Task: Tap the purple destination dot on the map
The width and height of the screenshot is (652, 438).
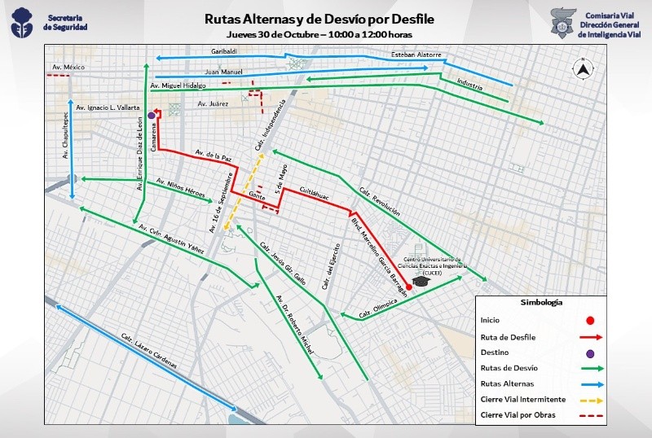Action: click(152, 116)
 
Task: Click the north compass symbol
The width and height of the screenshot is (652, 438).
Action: click(583, 68)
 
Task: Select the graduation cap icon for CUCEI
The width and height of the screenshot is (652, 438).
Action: click(421, 281)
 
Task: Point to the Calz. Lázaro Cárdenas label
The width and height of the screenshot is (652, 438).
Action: click(149, 352)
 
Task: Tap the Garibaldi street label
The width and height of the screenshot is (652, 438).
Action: click(224, 51)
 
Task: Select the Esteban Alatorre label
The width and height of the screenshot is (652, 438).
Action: click(416, 55)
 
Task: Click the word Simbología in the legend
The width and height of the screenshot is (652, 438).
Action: click(543, 302)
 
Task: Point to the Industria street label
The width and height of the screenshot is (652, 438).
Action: click(470, 84)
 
